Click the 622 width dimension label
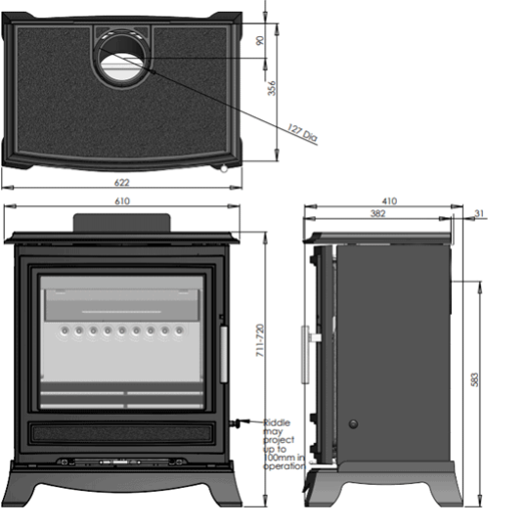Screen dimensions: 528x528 121,183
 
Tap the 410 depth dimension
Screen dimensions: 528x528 390,201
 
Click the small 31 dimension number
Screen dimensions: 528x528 478,213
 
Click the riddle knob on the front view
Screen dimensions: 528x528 234,423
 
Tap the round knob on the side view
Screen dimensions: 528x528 354,424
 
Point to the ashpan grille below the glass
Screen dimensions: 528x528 123,431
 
